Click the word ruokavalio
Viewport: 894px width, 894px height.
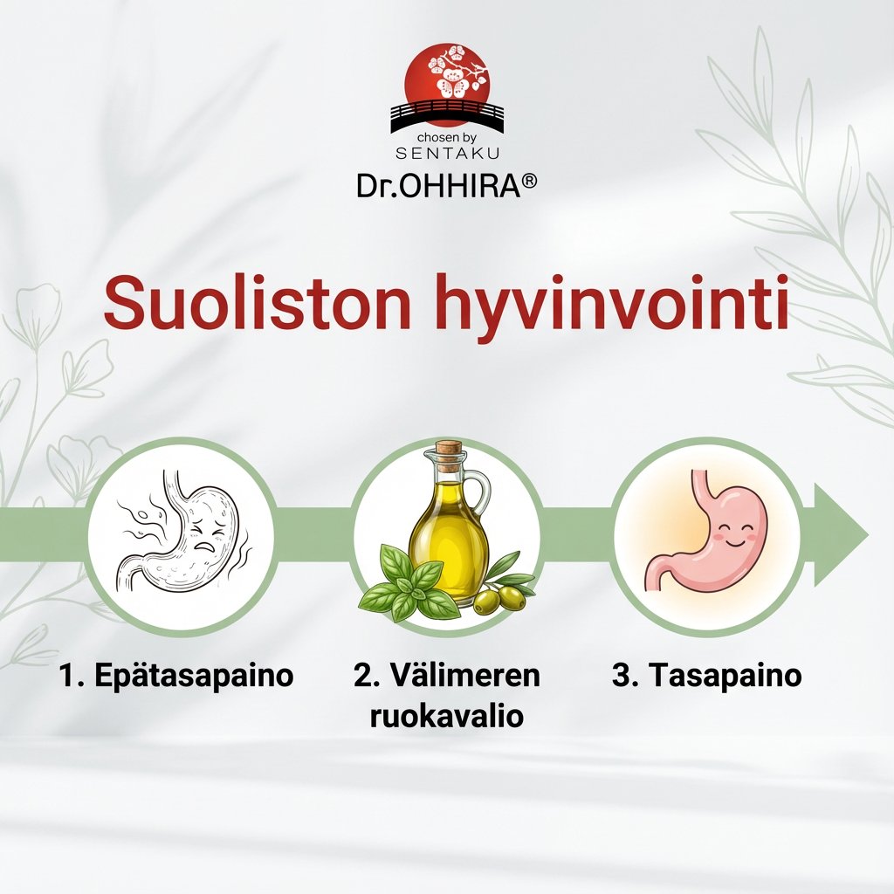tap(446, 717)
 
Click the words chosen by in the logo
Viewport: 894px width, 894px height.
tap(447, 138)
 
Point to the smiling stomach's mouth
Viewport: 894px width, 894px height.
tap(733, 542)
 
